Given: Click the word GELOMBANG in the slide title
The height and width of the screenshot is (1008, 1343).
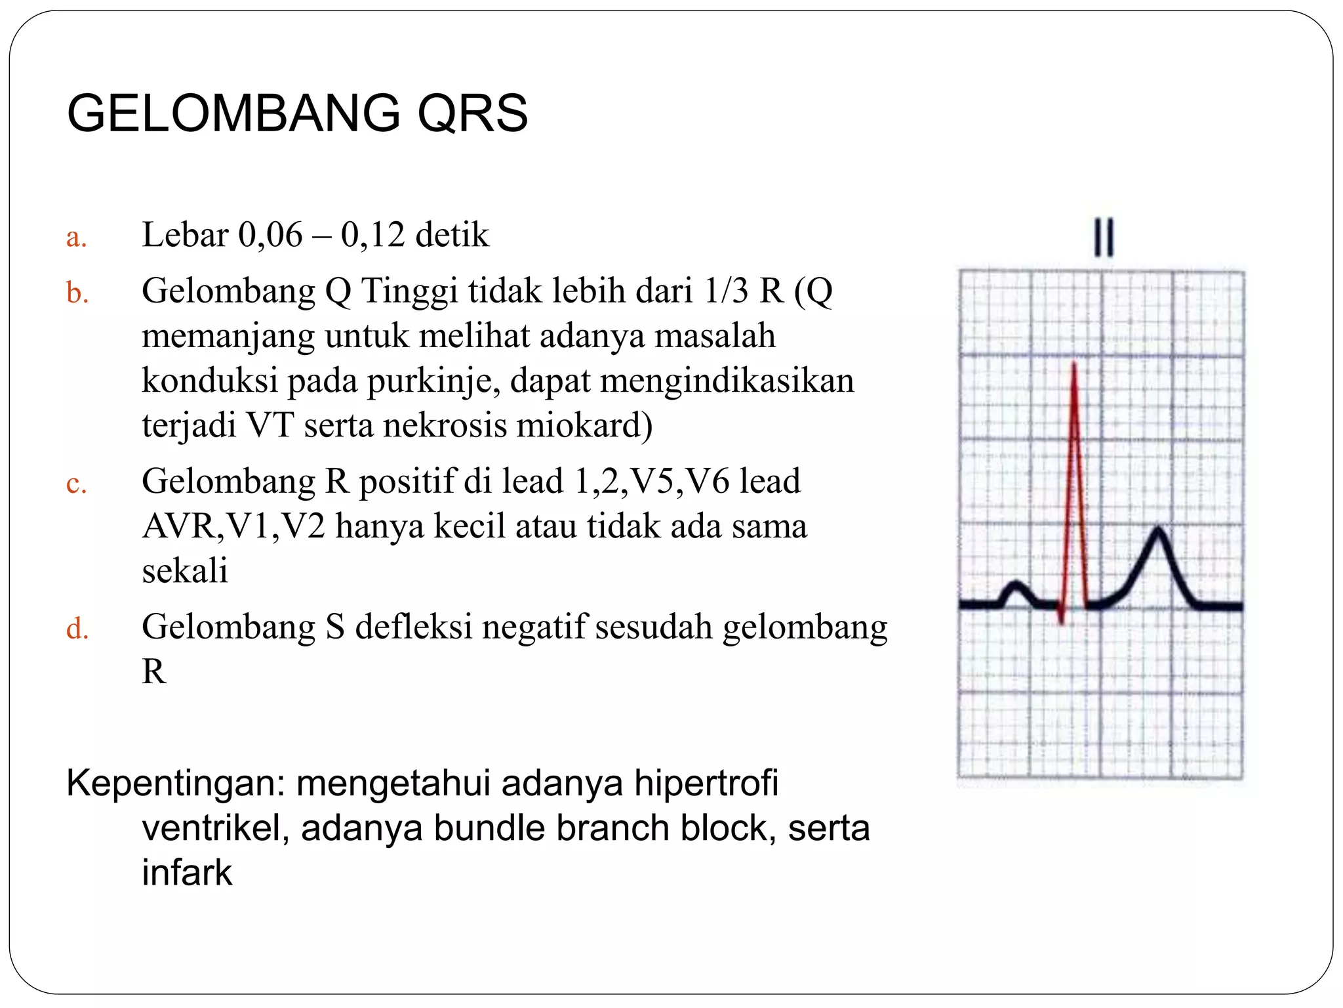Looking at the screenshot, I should [233, 113].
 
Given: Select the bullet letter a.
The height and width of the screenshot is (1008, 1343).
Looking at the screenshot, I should [76, 237].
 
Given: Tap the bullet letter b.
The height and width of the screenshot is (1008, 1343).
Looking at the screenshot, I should [77, 293].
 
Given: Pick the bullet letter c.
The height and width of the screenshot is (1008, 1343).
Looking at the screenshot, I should [76, 484].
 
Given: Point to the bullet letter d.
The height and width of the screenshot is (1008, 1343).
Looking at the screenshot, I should [77, 629].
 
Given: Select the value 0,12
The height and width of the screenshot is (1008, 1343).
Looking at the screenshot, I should [372, 235].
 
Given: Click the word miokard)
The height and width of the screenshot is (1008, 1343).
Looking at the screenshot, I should [584, 425].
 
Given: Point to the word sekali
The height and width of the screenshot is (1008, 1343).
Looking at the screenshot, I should [185, 570].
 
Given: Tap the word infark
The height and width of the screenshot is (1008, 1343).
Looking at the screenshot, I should [187, 873].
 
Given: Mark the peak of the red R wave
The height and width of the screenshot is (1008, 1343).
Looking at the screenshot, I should [1074, 363].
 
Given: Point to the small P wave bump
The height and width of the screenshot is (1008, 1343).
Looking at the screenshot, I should [1016, 583].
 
